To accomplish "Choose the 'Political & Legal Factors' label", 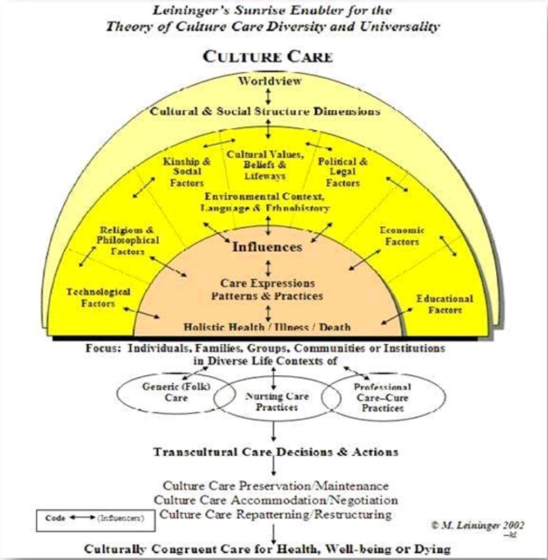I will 343,173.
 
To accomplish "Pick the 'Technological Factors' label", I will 99,298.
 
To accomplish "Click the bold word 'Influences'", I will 268,247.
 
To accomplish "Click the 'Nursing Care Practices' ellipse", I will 274,400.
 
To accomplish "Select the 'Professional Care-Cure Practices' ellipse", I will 382,397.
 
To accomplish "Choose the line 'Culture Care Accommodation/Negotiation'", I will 276,500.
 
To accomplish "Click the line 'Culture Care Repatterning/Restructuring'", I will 276,514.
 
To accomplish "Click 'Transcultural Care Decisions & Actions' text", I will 275,452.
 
